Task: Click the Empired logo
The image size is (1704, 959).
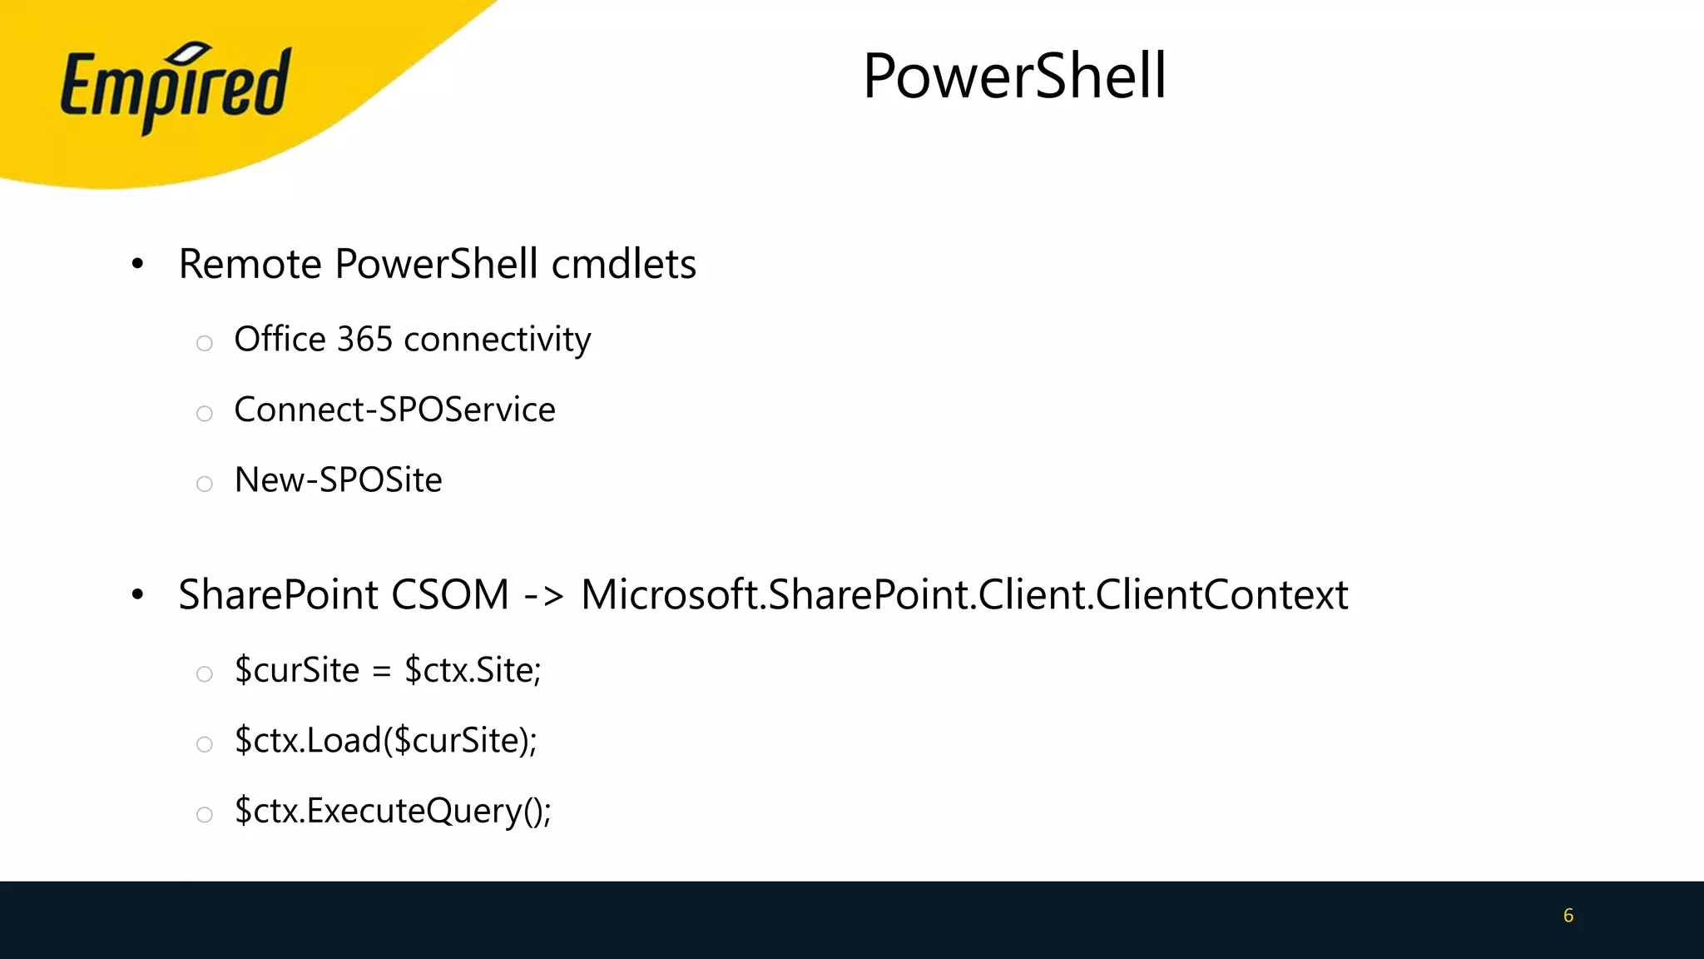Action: (176, 87)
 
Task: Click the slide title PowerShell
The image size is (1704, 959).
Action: (1014, 76)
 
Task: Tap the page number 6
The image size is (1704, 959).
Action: (1568, 916)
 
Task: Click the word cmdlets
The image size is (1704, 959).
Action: (623, 264)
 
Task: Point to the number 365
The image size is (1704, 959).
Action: (364, 340)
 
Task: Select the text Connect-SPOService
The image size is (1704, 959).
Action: (394, 410)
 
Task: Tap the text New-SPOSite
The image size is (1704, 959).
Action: (338, 480)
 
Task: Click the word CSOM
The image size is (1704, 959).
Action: (449, 594)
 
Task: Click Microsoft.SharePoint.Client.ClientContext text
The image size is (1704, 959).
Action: (963, 594)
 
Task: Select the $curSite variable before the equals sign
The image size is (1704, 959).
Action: (297, 670)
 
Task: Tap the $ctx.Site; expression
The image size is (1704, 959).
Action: (473, 670)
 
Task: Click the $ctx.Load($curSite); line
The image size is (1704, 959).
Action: (386, 740)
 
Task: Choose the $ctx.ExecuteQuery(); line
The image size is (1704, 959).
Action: (393, 811)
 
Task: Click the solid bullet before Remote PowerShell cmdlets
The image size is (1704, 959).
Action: (138, 265)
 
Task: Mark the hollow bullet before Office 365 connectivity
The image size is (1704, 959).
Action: (205, 343)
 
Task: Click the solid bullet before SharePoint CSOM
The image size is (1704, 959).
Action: (138, 595)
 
